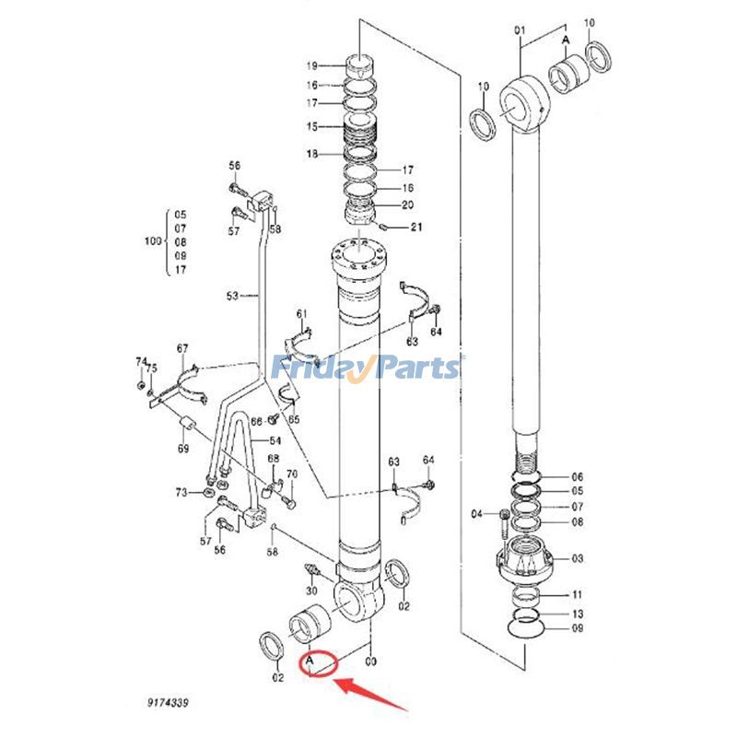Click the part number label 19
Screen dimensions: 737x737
click(311, 65)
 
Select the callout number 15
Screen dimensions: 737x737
click(311, 126)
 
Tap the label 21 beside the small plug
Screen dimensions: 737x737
click(416, 228)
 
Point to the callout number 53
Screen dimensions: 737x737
click(232, 296)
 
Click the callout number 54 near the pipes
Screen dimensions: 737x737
click(275, 441)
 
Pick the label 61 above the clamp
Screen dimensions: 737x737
click(300, 315)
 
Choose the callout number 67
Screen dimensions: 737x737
click(182, 348)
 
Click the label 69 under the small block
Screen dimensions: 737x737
click(183, 449)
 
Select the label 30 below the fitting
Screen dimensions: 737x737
click(311, 591)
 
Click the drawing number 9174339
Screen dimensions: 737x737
click(167, 703)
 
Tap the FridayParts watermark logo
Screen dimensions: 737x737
click(368, 368)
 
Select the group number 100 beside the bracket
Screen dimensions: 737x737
click(152, 241)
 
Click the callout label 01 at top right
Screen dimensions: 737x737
click(520, 30)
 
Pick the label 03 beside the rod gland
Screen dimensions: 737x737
click(578, 559)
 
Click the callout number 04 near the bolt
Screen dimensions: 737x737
click(477, 513)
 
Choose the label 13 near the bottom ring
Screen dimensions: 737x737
click(578, 613)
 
